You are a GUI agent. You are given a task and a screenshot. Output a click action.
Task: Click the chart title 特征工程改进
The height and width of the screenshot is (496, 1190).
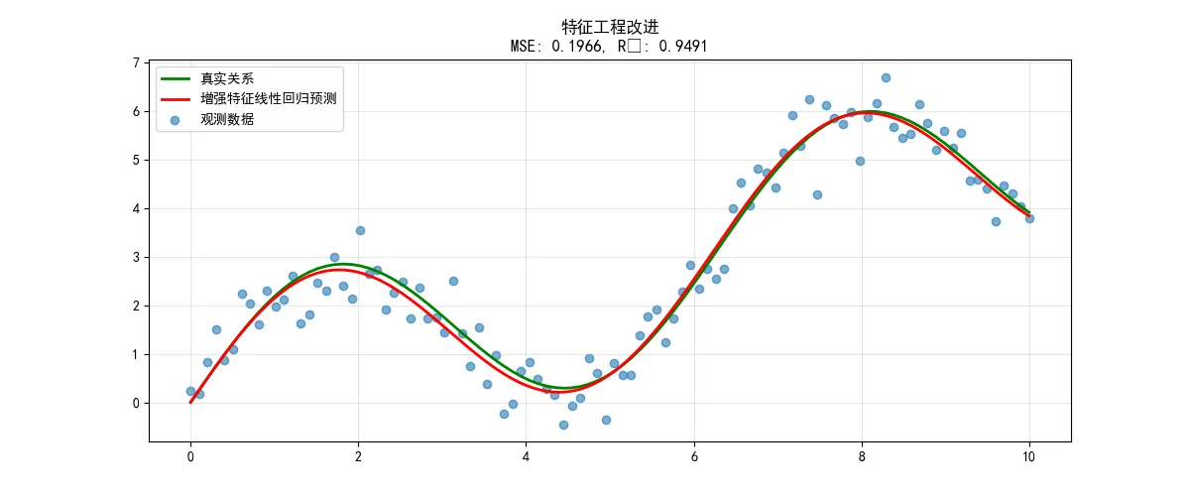point(610,27)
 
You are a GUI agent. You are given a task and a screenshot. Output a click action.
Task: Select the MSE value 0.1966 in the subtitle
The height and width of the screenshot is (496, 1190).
point(595,46)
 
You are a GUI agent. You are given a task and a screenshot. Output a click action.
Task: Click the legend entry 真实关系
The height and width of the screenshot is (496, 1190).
point(228,77)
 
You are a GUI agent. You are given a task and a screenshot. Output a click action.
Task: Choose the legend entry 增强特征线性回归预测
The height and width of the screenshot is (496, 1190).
point(270,99)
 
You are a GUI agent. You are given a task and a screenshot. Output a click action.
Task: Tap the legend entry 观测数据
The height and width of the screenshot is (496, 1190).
point(228,120)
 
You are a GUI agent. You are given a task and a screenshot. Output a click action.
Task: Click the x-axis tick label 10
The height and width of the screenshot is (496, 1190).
point(1029,458)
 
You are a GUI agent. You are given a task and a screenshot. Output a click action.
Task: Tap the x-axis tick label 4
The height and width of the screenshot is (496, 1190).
point(526,458)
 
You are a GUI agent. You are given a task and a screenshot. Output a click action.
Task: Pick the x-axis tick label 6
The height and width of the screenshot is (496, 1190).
point(694,458)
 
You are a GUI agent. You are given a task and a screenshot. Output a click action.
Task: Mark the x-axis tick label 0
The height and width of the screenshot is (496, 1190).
point(190,458)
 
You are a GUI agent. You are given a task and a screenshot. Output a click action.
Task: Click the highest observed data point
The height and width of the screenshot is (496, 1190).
point(886,77)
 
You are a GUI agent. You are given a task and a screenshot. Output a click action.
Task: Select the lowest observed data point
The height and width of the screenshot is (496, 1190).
point(563,425)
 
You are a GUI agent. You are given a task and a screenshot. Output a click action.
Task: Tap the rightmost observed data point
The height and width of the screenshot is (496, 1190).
point(1029,218)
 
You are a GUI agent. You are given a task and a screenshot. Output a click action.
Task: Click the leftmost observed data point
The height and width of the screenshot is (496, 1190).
point(190,391)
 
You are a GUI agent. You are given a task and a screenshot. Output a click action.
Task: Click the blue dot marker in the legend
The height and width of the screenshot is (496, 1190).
point(175,120)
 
